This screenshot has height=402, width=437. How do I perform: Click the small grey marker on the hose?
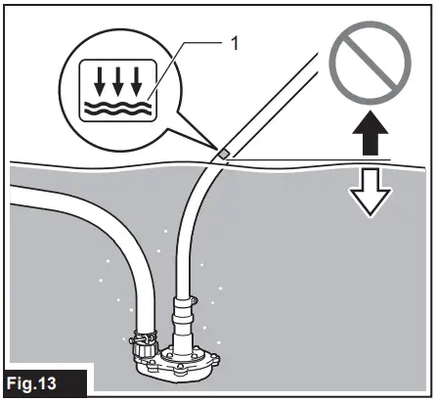(x=223, y=153)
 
